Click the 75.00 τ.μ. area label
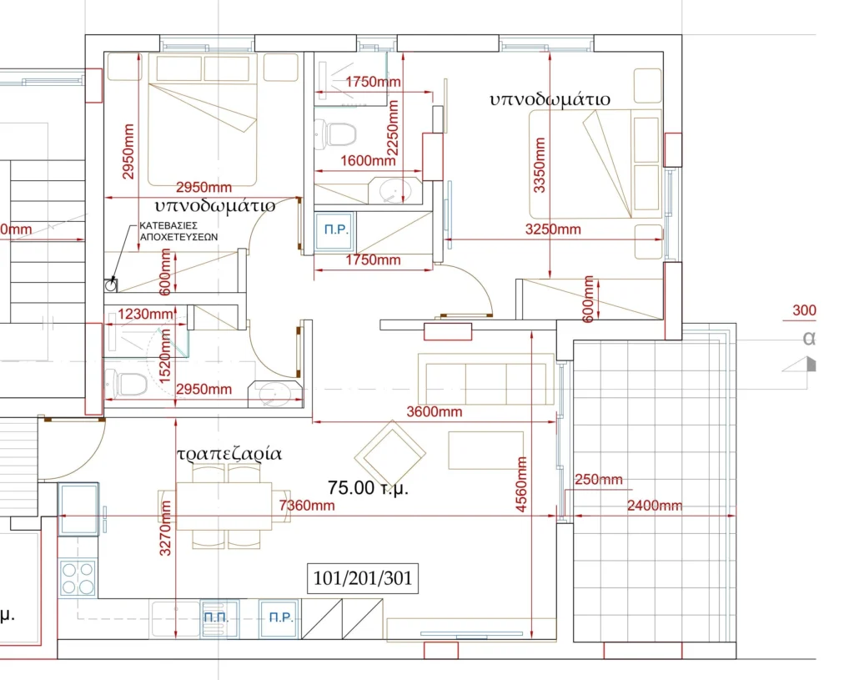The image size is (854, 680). [x=368, y=487]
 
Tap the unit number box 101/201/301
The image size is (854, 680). [x=363, y=578]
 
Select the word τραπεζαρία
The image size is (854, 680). [x=229, y=454]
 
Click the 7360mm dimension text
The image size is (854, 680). [x=307, y=506]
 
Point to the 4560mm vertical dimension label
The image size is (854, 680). [x=521, y=485]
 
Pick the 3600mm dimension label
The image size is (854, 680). [x=434, y=412]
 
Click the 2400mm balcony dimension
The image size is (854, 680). [x=654, y=506]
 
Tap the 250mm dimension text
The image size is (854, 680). [x=599, y=480]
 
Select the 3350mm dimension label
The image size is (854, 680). [x=540, y=165]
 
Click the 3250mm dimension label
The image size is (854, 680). [x=553, y=229]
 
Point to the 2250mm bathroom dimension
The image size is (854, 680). [x=392, y=128]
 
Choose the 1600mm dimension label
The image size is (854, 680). [x=368, y=161]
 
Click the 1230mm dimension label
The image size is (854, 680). [x=145, y=315]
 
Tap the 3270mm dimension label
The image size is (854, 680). [x=165, y=528]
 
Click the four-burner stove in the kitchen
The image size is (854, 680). [x=78, y=578]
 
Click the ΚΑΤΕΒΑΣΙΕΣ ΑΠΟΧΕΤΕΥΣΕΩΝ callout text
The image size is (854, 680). [x=178, y=231]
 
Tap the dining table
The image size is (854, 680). [x=224, y=506]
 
